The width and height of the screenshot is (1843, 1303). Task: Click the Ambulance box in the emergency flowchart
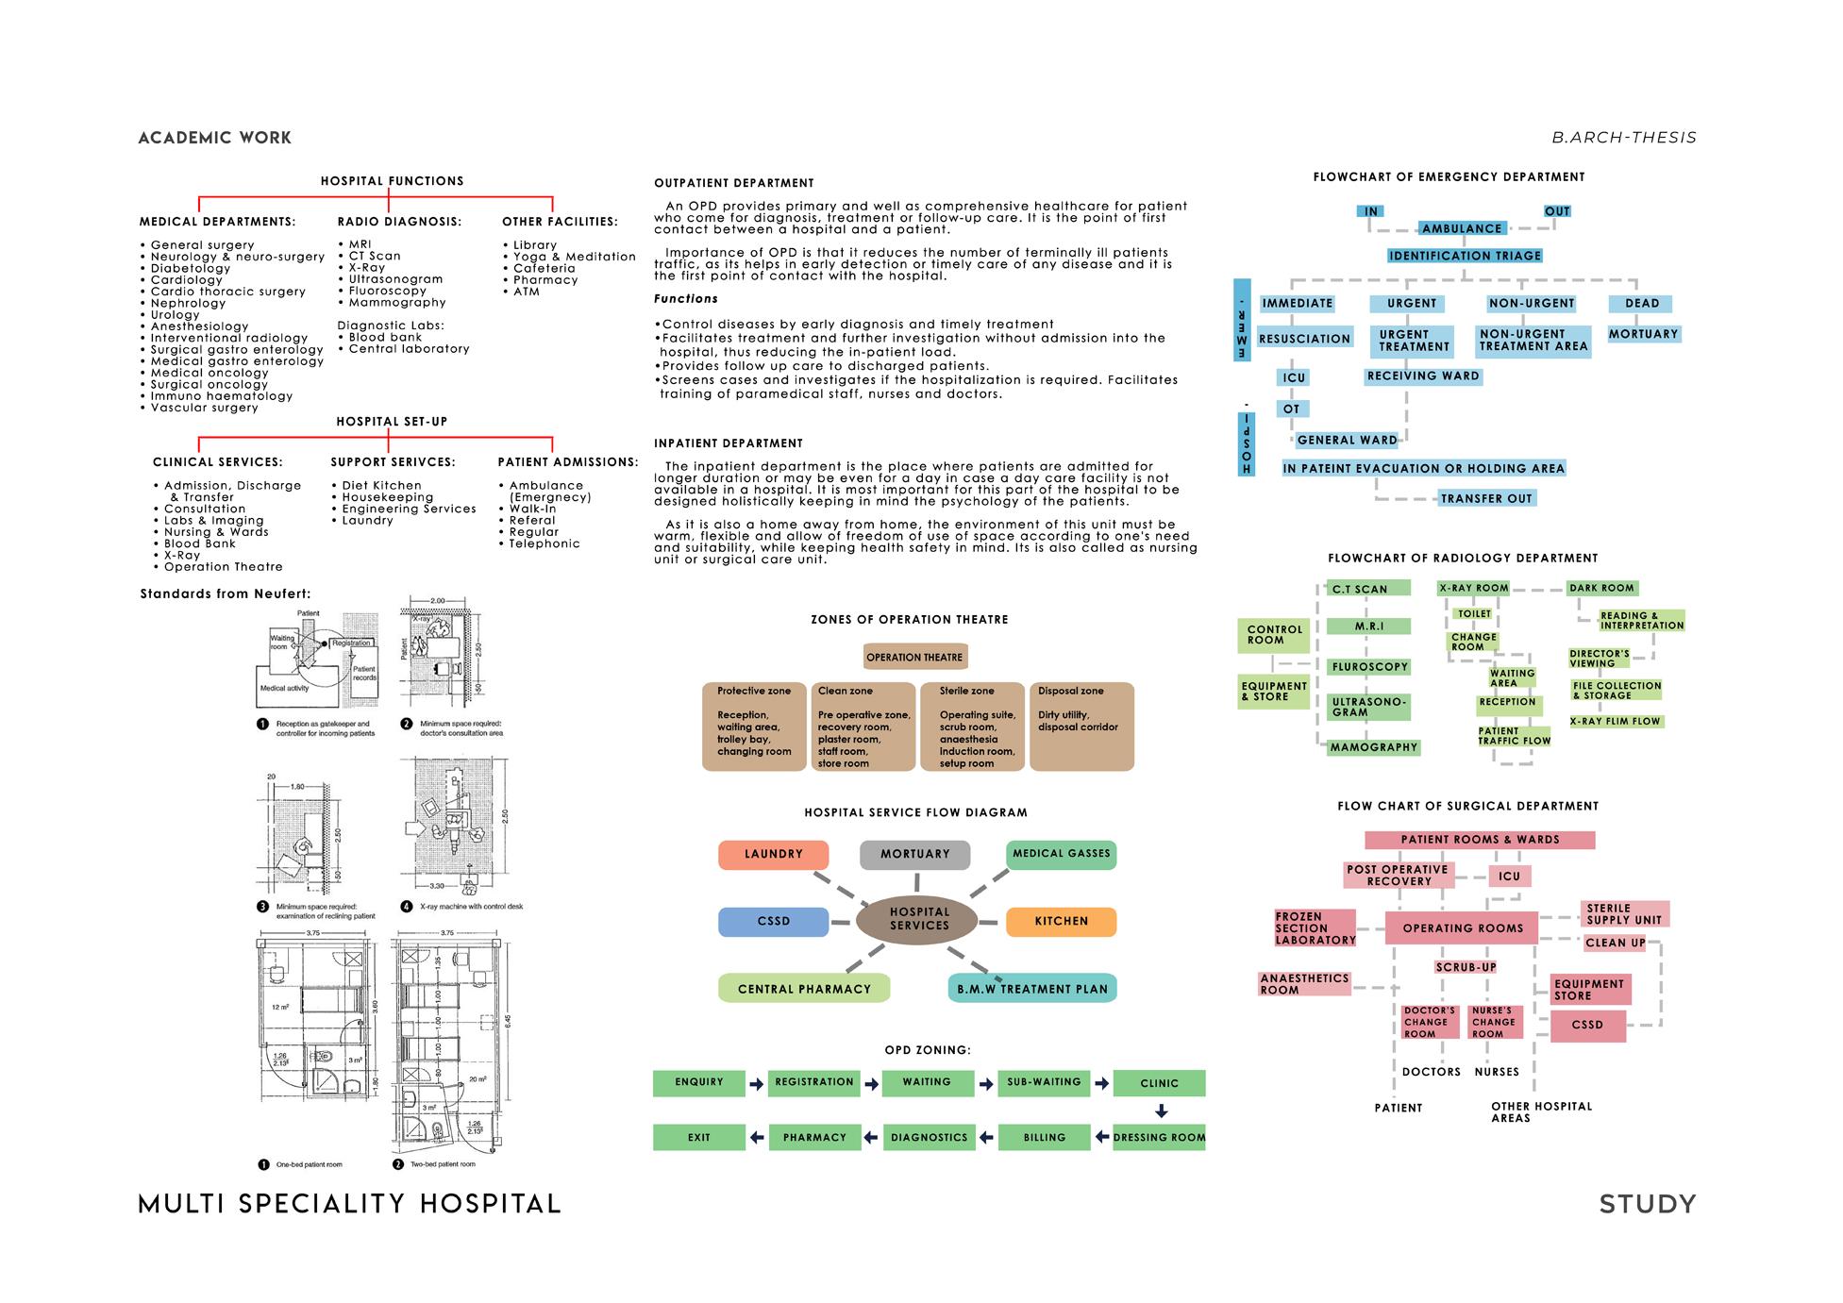1462,228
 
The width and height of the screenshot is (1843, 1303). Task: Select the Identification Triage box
1465,256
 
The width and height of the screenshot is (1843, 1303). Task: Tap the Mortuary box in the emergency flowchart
1643,334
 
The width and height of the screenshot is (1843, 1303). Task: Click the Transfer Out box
1486,498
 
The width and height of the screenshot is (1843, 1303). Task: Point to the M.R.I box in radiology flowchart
1368,626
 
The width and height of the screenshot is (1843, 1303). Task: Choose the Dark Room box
1601,588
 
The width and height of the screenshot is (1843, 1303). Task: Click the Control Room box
1274,635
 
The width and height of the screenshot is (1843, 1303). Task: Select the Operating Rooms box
1462,928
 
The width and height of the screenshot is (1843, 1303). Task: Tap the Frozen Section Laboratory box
1315,928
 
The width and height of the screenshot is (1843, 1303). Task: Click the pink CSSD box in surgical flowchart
1587,1026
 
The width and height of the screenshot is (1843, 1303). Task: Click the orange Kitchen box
1061,921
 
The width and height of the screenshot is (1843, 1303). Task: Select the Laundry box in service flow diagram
773,855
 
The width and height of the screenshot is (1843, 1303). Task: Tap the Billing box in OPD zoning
1044,1138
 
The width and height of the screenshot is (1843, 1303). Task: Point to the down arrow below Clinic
1162,1111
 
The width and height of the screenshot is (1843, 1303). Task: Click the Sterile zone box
972,727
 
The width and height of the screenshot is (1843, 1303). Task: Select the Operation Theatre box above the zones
914,658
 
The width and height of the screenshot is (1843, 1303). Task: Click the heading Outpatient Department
733,183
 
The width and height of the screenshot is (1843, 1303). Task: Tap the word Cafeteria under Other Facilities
545,268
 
